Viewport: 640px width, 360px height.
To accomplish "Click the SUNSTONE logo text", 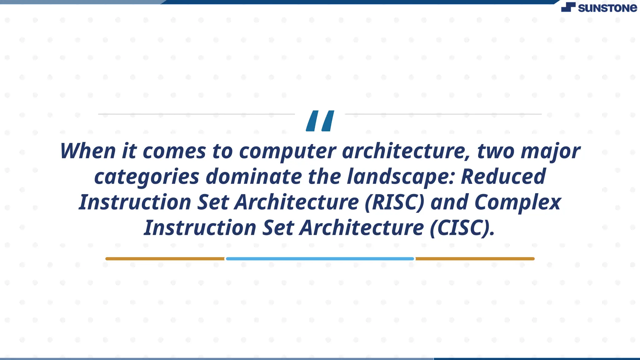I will (607, 8).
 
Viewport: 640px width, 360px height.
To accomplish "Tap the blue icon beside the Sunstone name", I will (568, 7).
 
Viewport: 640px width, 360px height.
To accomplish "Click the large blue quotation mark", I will (320, 121).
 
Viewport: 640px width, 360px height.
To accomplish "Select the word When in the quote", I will (88, 151).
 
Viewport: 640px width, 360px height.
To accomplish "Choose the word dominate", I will (254, 177).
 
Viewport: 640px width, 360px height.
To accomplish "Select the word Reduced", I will (503, 177).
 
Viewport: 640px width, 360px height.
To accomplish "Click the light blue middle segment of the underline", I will (320, 259).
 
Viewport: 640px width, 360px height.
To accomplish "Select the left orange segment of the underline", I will (165, 259).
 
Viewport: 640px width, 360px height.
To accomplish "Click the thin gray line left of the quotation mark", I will (196, 114).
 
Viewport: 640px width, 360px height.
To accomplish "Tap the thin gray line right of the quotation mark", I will (443, 114).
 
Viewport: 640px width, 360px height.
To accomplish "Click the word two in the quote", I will (496, 151).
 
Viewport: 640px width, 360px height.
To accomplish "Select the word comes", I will (174, 151).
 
